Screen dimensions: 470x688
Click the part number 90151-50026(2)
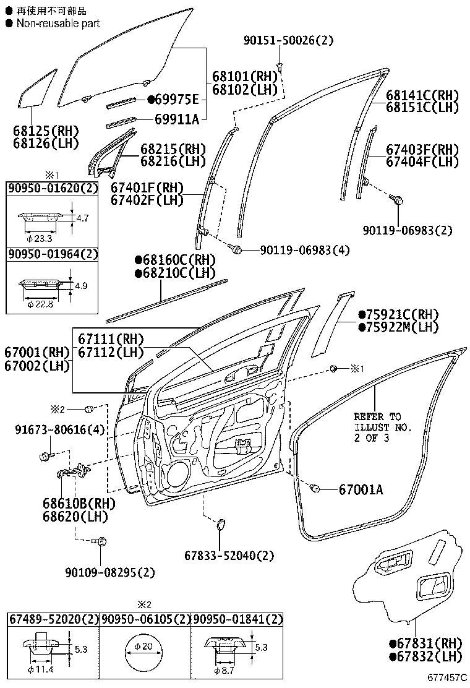pos(288,40)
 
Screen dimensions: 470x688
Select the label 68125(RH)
pos(46,131)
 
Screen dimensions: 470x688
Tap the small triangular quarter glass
pos(37,88)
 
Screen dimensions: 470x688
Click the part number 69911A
pos(177,119)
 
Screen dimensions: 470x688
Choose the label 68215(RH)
pos(173,148)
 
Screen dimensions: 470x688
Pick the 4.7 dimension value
pos(82,218)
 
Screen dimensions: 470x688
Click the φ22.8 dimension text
pos(40,304)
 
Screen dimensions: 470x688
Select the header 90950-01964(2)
pos(53,254)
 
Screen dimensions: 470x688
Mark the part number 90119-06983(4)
pos(305,250)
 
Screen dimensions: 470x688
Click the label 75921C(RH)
pos(398,314)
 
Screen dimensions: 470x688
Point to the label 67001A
pos(361,489)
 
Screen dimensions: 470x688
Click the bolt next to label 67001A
pos(314,488)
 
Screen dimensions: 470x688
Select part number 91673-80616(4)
pos(60,429)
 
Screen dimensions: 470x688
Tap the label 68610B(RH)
pos(79,503)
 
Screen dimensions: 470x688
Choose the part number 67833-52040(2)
pos(229,556)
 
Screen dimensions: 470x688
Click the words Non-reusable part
pos(58,24)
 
